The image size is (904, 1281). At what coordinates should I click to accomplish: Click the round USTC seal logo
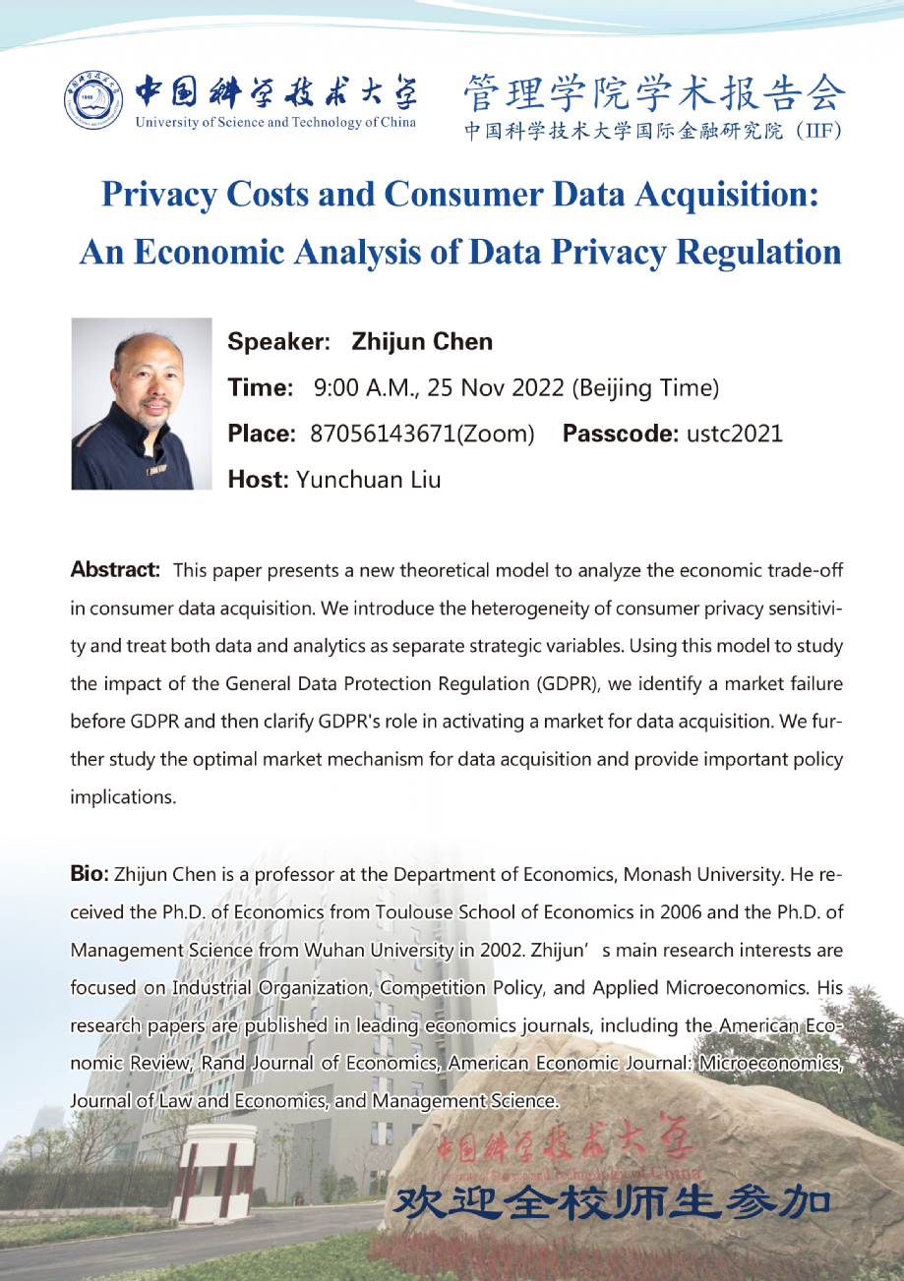point(95,101)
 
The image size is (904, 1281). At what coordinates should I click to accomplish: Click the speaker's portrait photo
point(142,403)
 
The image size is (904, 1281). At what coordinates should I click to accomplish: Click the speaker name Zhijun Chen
point(422,342)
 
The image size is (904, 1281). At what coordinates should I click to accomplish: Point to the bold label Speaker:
point(278,342)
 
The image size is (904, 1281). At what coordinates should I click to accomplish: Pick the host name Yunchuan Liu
point(369,480)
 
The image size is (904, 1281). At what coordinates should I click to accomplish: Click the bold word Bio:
point(90,873)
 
